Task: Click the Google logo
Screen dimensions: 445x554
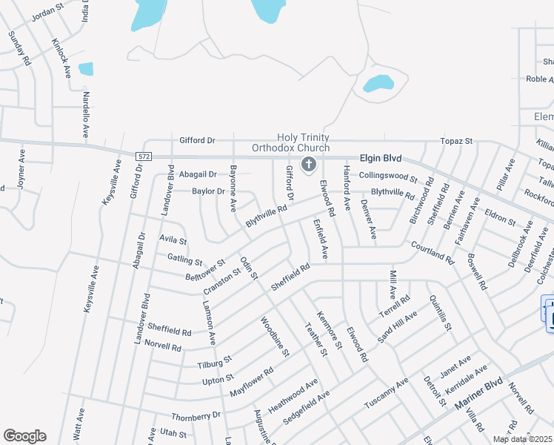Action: pyautogui.click(x=24, y=435)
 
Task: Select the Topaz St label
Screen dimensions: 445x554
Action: pyautogui.click(x=457, y=140)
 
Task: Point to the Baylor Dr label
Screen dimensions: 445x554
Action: pyautogui.click(x=208, y=191)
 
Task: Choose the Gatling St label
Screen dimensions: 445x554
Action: pyautogui.click(x=184, y=260)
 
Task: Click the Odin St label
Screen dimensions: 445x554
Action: pyautogui.click(x=249, y=268)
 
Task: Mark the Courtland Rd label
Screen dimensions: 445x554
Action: pyautogui.click(x=432, y=253)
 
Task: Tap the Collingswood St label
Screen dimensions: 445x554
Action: pyautogui.click(x=388, y=177)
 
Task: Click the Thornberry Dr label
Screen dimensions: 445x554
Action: pyautogui.click(x=196, y=416)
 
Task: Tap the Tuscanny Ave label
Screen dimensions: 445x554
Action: pyautogui.click(x=386, y=394)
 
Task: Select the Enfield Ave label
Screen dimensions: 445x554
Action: pyautogui.click(x=320, y=238)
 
